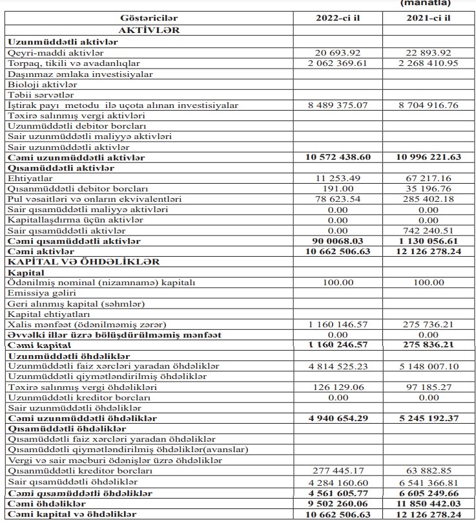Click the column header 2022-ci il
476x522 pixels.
338,17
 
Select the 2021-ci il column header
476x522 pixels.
429,17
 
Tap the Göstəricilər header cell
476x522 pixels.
149,17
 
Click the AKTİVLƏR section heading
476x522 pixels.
149,30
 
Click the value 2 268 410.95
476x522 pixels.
429,63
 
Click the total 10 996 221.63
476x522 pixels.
429,157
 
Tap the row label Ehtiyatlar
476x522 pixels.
30,178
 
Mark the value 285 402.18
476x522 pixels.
429,199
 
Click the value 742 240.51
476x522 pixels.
429,230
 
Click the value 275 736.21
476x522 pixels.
429,324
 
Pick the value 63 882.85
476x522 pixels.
429,472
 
